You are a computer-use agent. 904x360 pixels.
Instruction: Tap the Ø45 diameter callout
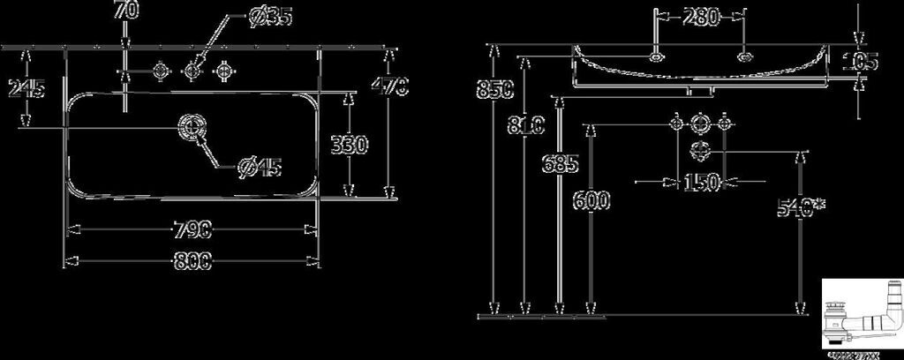pos(260,166)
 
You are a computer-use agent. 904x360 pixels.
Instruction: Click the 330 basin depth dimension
pos(351,145)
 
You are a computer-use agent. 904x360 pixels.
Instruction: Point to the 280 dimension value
pos(700,17)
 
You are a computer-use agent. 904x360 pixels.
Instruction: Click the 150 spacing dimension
pos(700,183)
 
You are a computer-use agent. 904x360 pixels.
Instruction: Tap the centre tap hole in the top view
pos(193,68)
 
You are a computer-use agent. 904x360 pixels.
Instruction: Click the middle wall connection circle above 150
pos(700,124)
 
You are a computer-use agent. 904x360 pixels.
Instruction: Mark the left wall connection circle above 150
pos(677,124)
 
